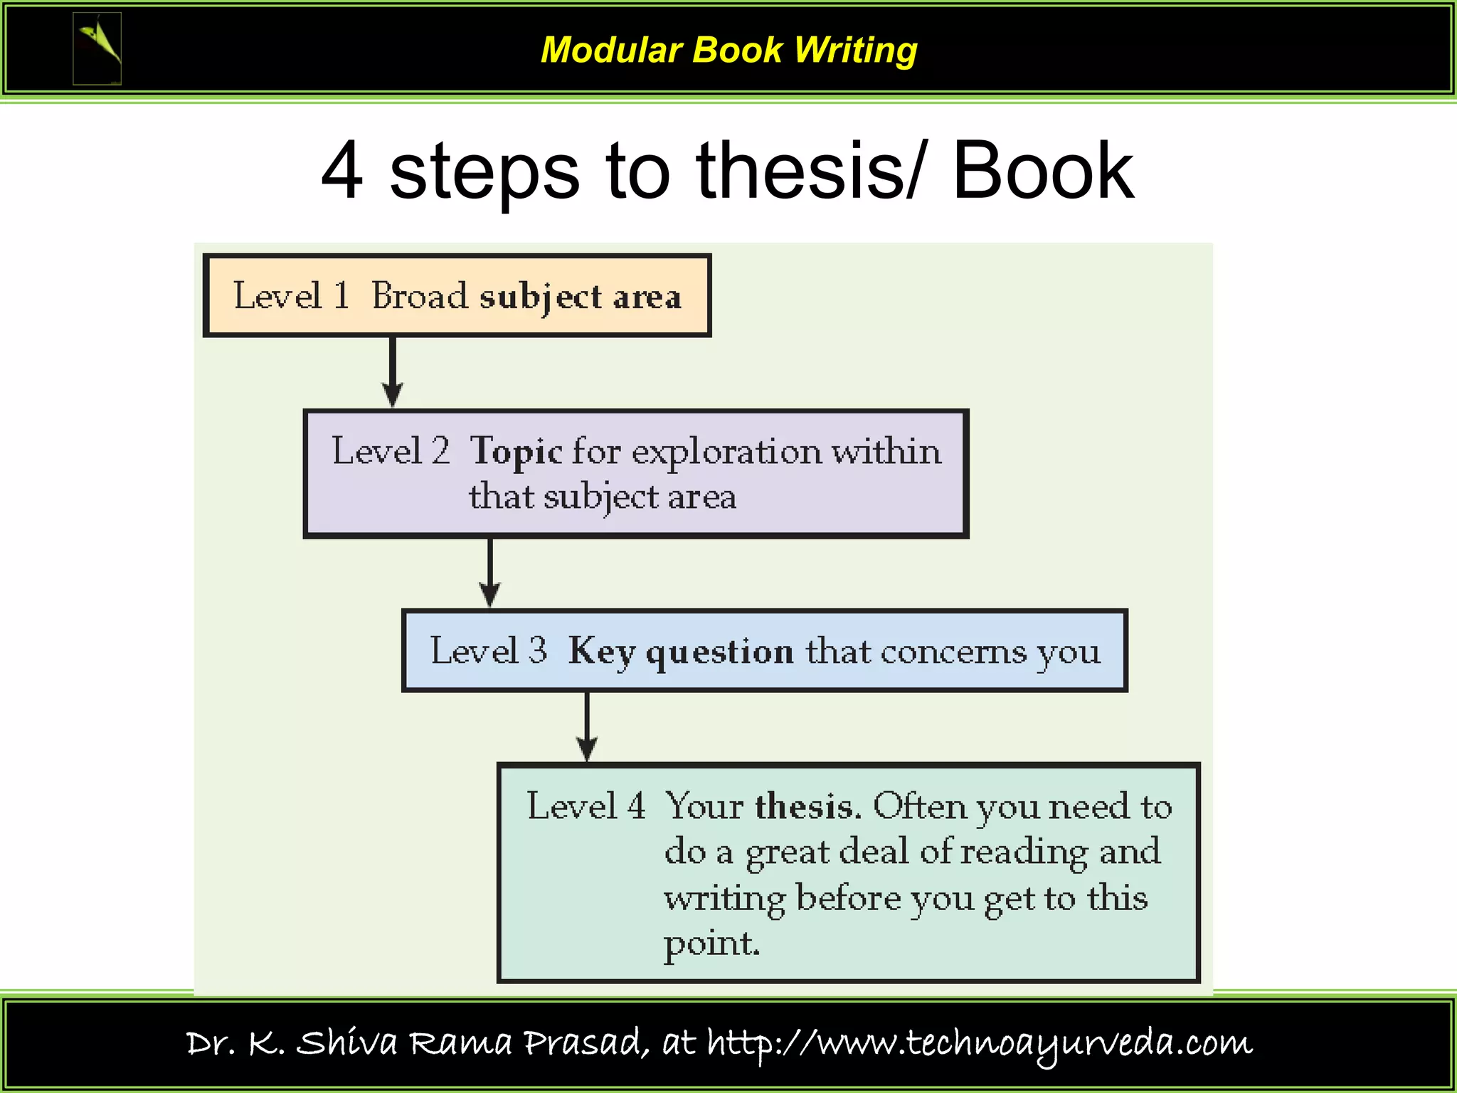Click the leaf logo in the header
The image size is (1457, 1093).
97,48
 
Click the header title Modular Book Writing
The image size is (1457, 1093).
728,51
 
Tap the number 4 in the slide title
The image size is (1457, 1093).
343,171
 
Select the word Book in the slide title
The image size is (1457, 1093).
1042,171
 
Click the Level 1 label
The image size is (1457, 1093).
292,295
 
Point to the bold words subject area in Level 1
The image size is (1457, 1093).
580,297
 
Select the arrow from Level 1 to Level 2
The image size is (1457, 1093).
392,371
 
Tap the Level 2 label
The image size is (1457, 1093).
391,450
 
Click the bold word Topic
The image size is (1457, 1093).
516,452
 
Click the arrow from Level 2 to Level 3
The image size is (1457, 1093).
490,572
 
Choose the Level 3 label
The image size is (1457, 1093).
489,650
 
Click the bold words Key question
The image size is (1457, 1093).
681,651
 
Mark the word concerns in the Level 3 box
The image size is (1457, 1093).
954,651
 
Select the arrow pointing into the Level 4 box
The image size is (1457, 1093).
587,727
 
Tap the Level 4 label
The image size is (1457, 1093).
586,806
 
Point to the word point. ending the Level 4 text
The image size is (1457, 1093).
712,944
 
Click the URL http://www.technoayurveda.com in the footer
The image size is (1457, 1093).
979,1043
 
